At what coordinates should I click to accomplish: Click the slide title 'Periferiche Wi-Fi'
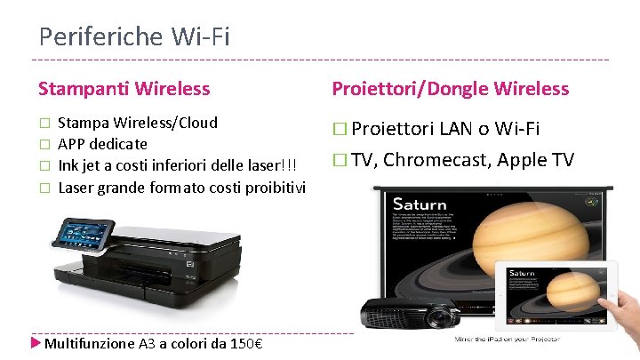[134, 36]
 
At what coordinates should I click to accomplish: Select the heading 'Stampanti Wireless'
[124, 88]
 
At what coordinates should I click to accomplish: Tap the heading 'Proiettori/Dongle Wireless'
[450, 88]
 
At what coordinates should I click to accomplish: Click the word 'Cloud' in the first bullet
[196, 123]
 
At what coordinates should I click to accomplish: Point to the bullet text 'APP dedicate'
[102, 143]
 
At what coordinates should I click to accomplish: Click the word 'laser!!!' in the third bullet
[277, 164]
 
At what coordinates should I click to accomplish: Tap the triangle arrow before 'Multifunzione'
[36, 343]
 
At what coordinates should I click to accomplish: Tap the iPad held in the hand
[556, 296]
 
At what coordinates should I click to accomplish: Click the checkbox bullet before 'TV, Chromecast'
[339, 161]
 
